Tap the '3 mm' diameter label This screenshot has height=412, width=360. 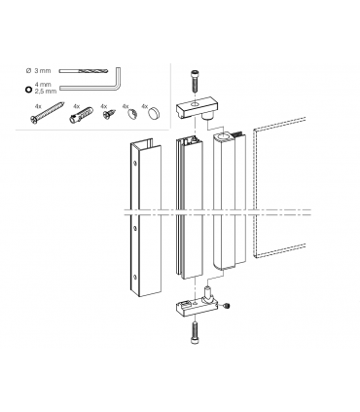(x=43, y=70)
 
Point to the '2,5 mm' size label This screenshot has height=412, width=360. (x=46, y=92)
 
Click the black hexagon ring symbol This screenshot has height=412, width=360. (x=28, y=90)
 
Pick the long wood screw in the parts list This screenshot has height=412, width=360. (x=48, y=113)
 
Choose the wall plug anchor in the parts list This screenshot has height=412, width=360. (x=81, y=115)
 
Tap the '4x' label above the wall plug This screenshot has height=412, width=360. (x=76, y=106)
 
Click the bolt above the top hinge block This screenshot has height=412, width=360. (x=194, y=81)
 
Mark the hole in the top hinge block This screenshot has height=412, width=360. (x=195, y=104)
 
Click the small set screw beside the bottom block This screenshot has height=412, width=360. (x=227, y=306)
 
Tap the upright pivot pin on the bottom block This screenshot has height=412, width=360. (x=207, y=292)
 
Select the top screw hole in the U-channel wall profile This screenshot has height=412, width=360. (x=135, y=164)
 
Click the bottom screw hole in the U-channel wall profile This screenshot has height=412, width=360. (x=135, y=278)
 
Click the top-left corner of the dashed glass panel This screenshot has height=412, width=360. (x=254, y=130)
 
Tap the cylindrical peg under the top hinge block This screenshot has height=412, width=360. (x=207, y=117)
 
